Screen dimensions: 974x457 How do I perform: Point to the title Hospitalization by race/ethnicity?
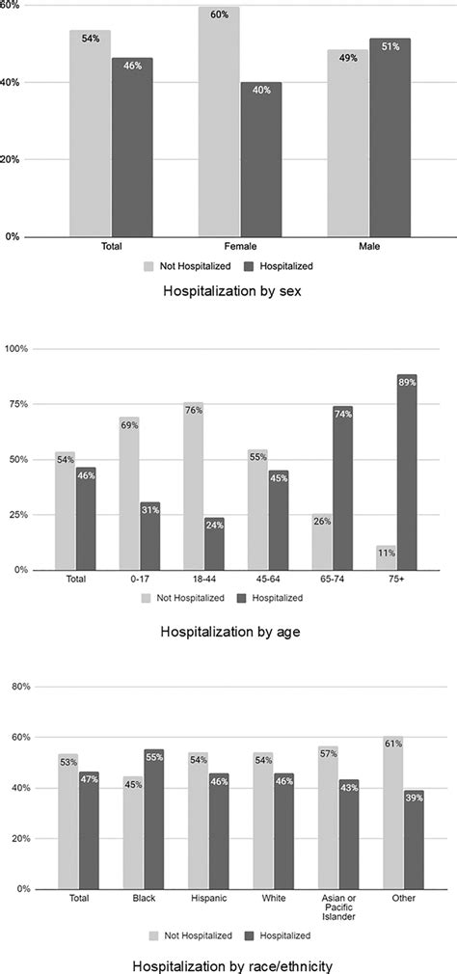(x=228, y=962)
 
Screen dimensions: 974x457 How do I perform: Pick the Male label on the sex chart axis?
(x=368, y=247)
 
